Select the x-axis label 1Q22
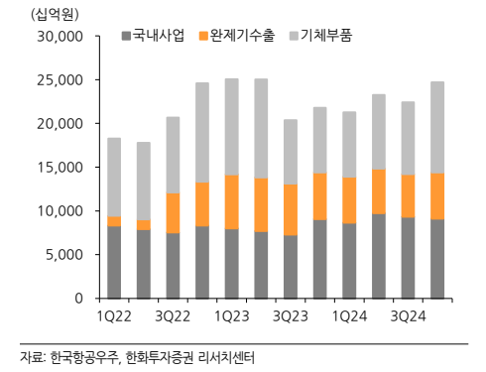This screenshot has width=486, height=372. (115, 315)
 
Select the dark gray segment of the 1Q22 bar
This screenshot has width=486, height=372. (115, 262)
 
